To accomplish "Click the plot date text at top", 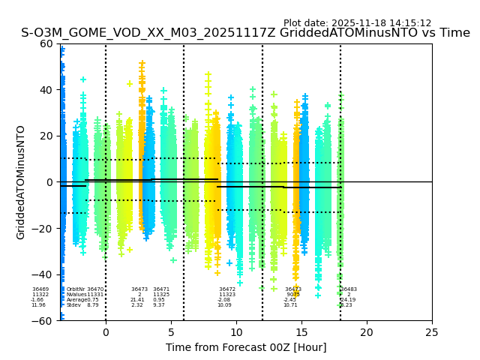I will [357, 23].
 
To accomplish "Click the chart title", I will [245, 33].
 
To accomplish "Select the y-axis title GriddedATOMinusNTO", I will [21, 182].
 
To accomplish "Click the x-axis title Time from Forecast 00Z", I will [246, 347].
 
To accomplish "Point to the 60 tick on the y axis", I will [46, 43].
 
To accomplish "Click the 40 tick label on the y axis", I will [46, 90].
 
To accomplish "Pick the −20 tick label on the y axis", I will [43, 228].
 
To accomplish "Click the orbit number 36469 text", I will [40, 289].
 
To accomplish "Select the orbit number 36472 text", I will [227, 289].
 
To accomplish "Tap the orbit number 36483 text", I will [349, 289].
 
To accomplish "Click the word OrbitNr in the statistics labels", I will [76, 289].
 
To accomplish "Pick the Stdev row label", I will [73, 305].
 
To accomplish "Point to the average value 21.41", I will [137, 300].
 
